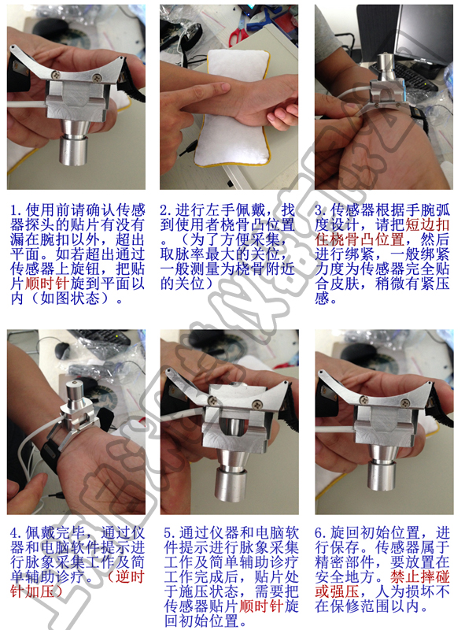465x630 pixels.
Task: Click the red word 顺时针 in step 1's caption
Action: [x=47, y=283]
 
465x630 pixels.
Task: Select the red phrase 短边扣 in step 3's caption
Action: [x=427, y=224]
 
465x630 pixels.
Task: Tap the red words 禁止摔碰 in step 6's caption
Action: [x=420, y=577]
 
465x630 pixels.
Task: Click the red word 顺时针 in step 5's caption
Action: [x=262, y=606]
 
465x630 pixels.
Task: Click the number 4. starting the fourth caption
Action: [x=17, y=533]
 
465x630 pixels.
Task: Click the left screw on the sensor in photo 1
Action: [x=57, y=74]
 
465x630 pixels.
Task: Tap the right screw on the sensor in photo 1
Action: [x=96, y=77]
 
